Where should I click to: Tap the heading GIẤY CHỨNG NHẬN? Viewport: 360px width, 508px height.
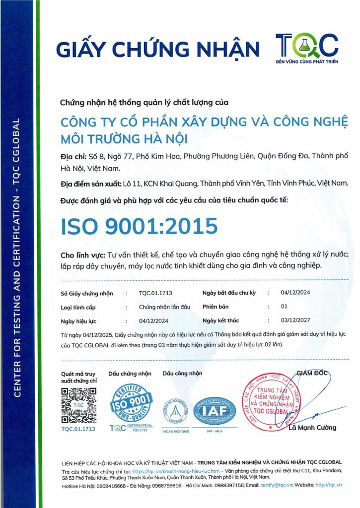pyautogui.click(x=158, y=49)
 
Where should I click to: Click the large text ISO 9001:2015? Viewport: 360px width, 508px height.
pyautogui.click(x=139, y=226)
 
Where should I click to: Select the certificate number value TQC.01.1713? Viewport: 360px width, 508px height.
pyautogui.click(x=155, y=293)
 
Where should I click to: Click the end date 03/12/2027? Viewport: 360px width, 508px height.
pyautogui.click(x=295, y=320)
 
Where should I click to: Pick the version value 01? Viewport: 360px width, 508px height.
pyautogui.click(x=284, y=307)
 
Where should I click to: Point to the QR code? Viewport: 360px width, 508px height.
pyautogui.click(x=78, y=404)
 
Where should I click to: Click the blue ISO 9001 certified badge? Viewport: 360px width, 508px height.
pyautogui.click(x=131, y=404)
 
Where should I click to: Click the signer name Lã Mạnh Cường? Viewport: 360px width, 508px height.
pyautogui.click(x=312, y=427)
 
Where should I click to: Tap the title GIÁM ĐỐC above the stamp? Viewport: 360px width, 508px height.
pyautogui.click(x=312, y=373)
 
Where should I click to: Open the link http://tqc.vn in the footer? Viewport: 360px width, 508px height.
pyautogui.click(x=329, y=485)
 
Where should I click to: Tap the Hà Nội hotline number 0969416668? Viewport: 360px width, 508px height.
pyautogui.click(x=112, y=485)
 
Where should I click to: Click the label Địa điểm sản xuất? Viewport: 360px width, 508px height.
pyautogui.click(x=91, y=184)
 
